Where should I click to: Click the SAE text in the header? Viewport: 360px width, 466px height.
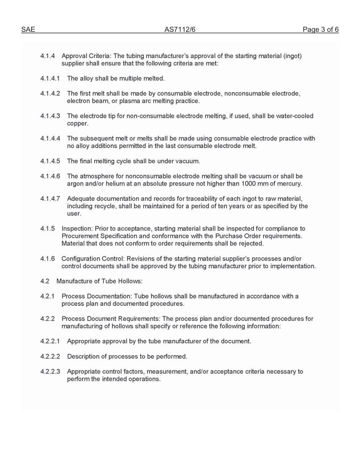tap(28, 30)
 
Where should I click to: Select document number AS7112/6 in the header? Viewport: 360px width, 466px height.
tap(180, 30)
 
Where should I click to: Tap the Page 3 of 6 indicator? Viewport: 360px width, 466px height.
tap(320, 30)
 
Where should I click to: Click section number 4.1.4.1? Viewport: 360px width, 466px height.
tap(50, 78)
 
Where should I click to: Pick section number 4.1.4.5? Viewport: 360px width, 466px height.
tap(50, 161)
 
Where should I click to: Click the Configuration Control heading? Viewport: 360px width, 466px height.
tap(93, 258)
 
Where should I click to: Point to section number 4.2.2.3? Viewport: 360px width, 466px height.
tap(50, 371)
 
